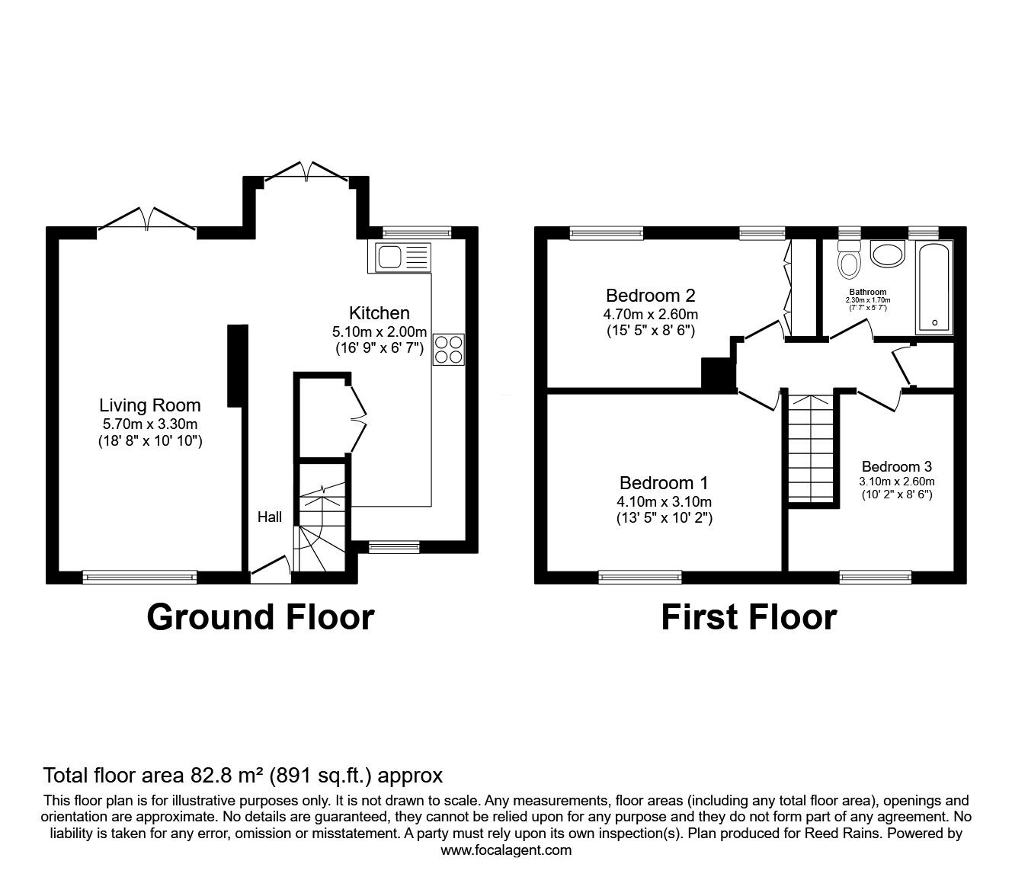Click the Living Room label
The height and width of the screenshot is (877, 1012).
coord(150,405)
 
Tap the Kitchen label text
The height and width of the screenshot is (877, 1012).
coord(379,312)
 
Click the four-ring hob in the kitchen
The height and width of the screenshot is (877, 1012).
coord(448,349)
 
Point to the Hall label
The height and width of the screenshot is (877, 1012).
coord(269,517)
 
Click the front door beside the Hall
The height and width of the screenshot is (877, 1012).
coord(271,571)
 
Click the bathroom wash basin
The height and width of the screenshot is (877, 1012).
coord(887,254)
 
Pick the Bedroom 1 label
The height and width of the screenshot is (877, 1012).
coord(664,482)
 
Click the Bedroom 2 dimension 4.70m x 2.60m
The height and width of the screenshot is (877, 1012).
coord(651,313)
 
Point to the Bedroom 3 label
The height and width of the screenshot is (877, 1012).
coord(896,466)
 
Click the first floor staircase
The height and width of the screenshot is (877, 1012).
coord(811,450)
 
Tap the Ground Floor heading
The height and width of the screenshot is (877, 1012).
coord(261,616)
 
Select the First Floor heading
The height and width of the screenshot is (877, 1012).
coord(748,616)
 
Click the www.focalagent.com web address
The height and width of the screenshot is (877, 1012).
coord(506,850)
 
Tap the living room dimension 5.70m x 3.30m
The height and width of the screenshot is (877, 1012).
coord(150,424)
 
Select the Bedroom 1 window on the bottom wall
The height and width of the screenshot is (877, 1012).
coord(640,578)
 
